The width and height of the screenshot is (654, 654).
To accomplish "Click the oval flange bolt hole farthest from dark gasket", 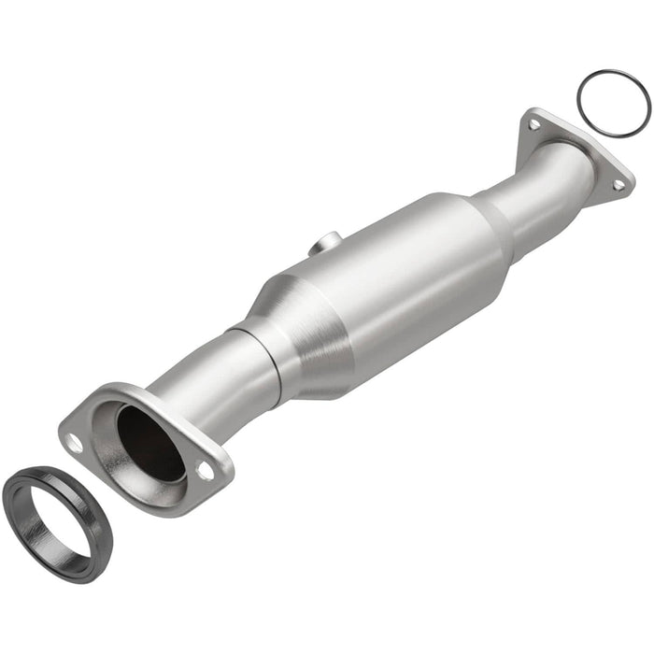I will (x=205, y=471).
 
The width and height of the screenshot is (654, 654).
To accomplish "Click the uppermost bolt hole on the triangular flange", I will (x=533, y=123).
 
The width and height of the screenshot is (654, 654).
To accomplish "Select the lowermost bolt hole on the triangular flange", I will (x=618, y=185).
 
